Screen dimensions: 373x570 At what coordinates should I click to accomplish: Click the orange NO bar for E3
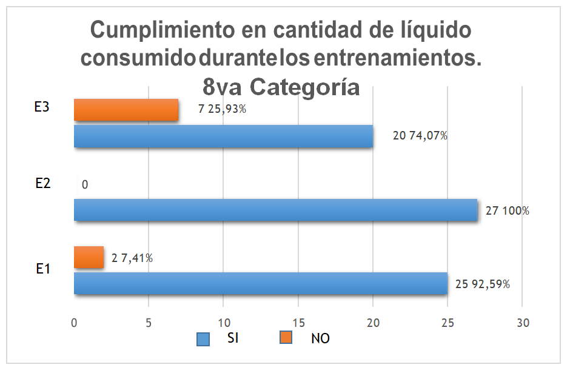[x=126, y=110]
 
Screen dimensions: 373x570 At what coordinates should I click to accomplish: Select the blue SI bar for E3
[x=223, y=136]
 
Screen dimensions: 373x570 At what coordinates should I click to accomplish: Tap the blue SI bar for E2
[x=275, y=210]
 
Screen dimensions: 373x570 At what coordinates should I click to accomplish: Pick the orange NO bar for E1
[x=89, y=257]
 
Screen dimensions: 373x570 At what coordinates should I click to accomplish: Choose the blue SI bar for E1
[x=260, y=283]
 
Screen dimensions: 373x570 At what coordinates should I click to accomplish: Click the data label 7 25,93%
[x=222, y=110]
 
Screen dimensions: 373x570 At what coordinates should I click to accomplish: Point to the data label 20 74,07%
[x=420, y=136]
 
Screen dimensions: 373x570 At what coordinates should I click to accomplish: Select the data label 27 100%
[x=508, y=211]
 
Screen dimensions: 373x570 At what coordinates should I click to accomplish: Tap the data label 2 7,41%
[x=132, y=258]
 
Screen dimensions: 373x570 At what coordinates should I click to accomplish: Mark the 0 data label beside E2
[x=84, y=185]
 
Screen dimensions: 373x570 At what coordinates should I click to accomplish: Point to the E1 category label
[x=42, y=269]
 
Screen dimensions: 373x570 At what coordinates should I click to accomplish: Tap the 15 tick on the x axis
[x=298, y=323]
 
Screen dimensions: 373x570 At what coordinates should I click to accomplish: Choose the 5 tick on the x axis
[x=149, y=323]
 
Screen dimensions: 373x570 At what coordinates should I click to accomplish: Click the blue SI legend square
[x=203, y=338]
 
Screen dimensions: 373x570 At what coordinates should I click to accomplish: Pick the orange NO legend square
[x=286, y=338]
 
